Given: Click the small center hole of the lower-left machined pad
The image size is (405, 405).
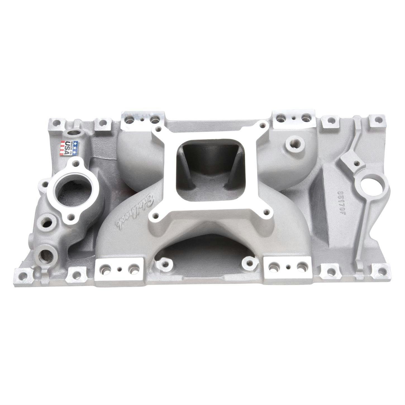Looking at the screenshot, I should tap(120, 269).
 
